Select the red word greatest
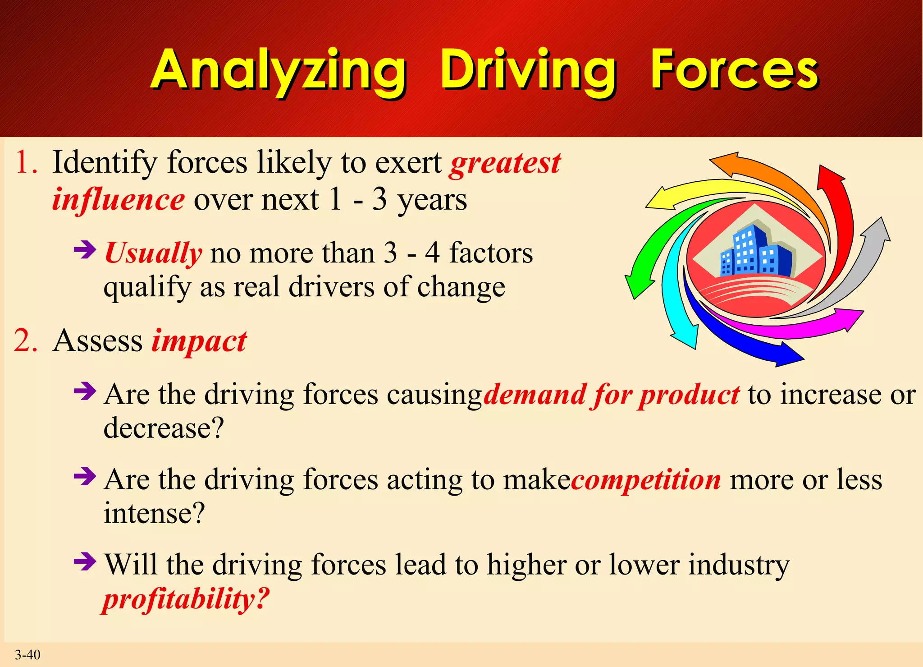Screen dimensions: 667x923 point(505,163)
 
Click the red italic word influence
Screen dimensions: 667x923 point(118,200)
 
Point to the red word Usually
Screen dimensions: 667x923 point(153,253)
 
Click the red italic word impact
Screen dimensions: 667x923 point(199,341)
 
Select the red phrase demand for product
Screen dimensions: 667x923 point(611,395)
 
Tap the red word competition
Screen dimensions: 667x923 point(646,480)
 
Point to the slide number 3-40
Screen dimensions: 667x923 point(27,654)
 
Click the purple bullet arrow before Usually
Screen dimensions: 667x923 point(85,249)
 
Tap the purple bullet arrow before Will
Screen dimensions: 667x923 point(85,561)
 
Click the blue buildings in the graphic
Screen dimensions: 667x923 point(755,253)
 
